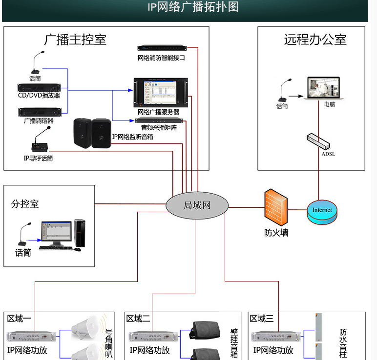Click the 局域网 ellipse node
[x=197, y=205]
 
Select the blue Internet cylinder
[x=322, y=211]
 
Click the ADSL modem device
[x=318, y=141]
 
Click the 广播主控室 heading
[x=75, y=40]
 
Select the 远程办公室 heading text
[x=315, y=40]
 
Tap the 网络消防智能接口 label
[x=161, y=58]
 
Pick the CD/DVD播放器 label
[x=39, y=96]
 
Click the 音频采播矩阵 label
[x=159, y=128]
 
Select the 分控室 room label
[x=25, y=204]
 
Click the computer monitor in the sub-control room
[x=56, y=233]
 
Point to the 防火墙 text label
[x=276, y=233]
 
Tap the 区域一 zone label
[x=19, y=319]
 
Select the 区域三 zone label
[x=262, y=319]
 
